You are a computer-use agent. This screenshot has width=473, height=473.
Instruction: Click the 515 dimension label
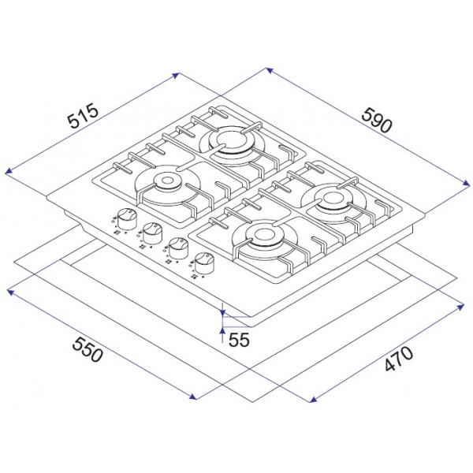coord(83,116)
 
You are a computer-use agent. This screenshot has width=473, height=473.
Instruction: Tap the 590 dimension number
coord(377,121)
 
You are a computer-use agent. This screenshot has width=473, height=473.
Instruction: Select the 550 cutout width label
coord(88,349)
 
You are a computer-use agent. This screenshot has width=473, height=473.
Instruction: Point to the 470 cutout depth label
coord(399,359)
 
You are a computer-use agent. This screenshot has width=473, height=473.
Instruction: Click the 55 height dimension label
coord(239,340)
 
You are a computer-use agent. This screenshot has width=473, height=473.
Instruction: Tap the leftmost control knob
coord(127,218)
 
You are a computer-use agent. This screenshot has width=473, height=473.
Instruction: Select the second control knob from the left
coord(153,233)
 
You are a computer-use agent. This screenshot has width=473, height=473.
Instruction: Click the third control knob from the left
coord(178,248)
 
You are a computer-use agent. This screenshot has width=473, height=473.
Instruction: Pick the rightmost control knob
coord(204,263)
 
